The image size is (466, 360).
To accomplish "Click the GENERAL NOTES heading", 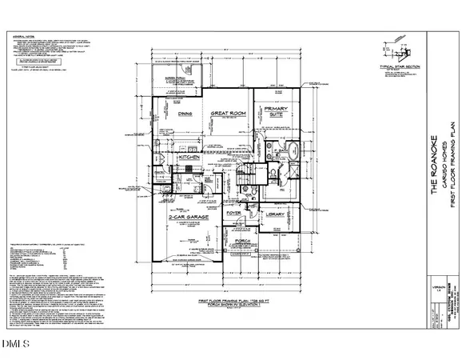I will pyautogui.click(x=22, y=38).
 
